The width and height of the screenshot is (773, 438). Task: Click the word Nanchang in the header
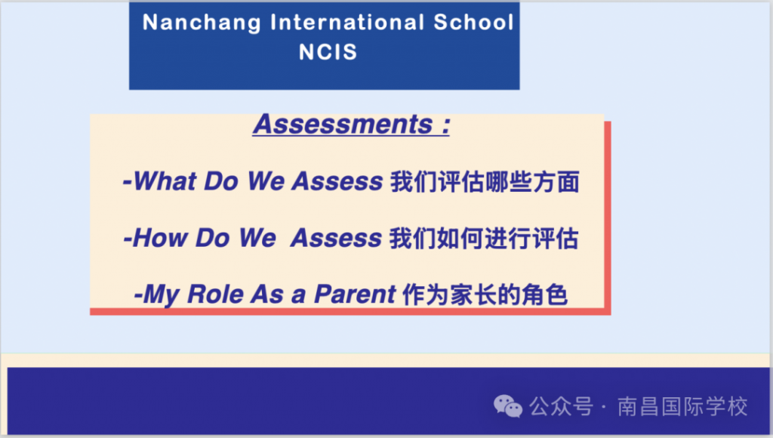pyautogui.click(x=202, y=23)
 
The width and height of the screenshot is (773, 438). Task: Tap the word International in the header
pyautogui.click(x=347, y=22)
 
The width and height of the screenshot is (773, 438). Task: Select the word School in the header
pyautogui.click(x=474, y=22)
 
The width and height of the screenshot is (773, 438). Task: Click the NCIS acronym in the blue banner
pyautogui.click(x=328, y=52)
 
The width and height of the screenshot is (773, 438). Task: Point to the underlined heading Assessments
pyautogui.click(x=343, y=124)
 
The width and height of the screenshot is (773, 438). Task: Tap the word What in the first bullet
pyautogui.click(x=165, y=180)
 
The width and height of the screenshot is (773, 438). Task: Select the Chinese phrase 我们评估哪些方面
pyautogui.click(x=485, y=181)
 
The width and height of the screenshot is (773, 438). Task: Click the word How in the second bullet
pyautogui.click(x=160, y=238)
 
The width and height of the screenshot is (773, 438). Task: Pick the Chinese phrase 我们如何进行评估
pyautogui.click(x=484, y=239)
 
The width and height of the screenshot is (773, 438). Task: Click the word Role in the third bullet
pyautogui.click(x=215, y=294)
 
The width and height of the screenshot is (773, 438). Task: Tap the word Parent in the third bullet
pyautogui.click(x=355, y=294)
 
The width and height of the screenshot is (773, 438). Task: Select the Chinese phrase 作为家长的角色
pyautogui.click(x=485, y=295)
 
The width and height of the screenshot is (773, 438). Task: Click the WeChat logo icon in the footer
pyautogui.click(x=508, y=406)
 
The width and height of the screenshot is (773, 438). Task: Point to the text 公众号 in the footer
pyautogui.click(x=561, y=406)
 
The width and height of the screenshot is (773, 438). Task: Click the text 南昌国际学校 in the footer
pyautogui.click(x=682, y=406)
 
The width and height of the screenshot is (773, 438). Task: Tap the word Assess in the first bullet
pyautogui.click(x=337, y=180)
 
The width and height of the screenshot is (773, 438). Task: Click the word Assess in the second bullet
pyautogui.click(x=336, y=238)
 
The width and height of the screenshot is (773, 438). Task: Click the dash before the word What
pyautogui.click(x=127, y=183)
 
